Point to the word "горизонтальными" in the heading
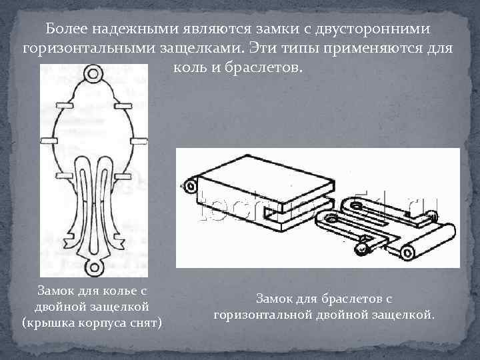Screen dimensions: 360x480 click(x=88, y=49)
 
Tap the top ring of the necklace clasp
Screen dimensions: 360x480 click(x=94, y=72)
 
